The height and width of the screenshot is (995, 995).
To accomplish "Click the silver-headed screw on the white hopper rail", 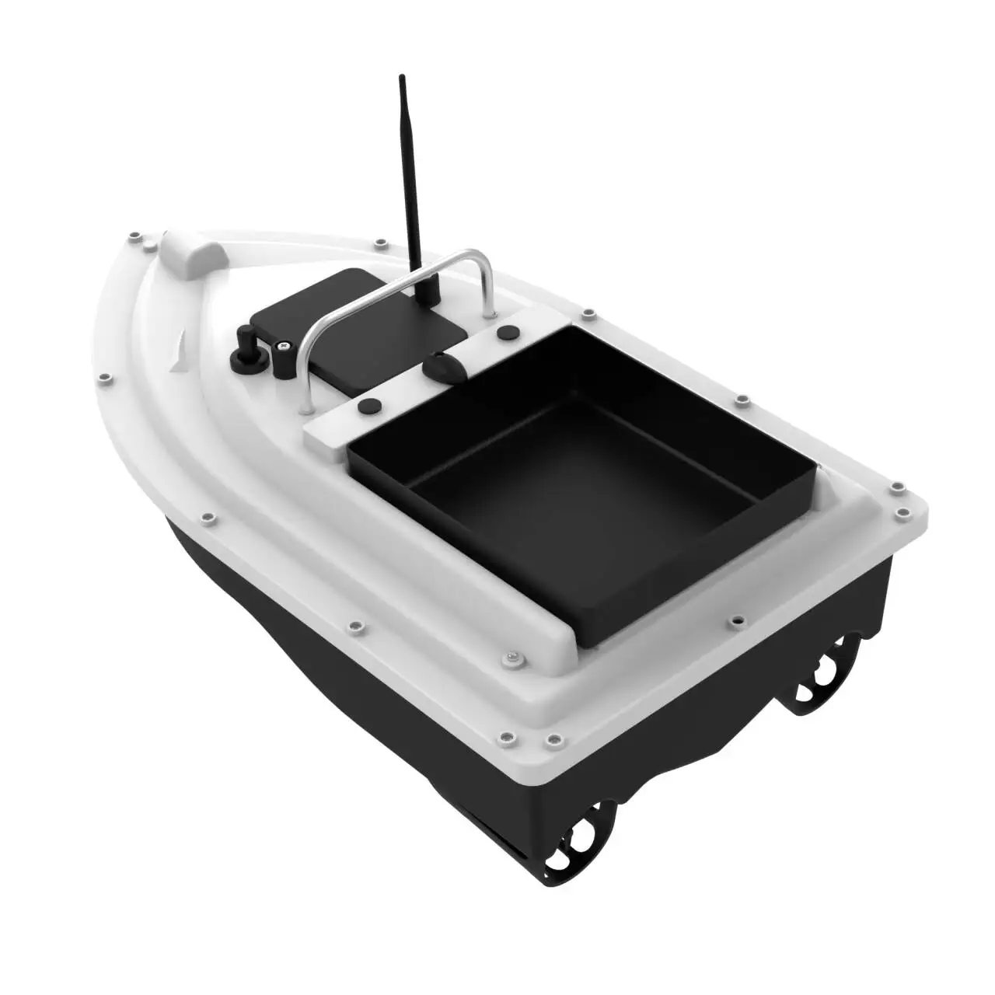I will tap(512, 659).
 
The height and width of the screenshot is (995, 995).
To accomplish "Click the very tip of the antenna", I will tap(402, 77).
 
